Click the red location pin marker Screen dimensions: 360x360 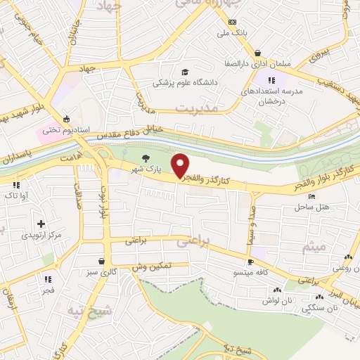coord(181,165)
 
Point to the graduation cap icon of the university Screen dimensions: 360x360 coord(185,72)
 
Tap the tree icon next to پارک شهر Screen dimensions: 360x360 coord(146,158)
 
